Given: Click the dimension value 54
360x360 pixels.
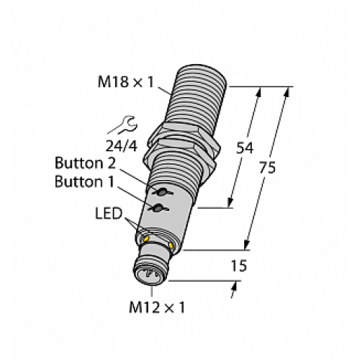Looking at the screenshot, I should click(244, 148).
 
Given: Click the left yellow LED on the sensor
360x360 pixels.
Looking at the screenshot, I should click(146, 238).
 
